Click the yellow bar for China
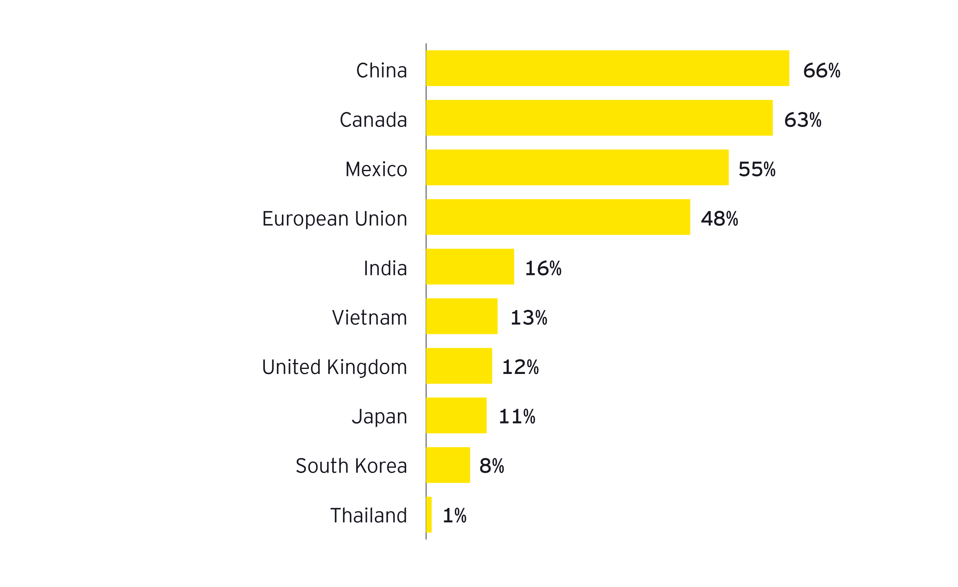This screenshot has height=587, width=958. (607, 68)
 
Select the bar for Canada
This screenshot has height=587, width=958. (599, 118)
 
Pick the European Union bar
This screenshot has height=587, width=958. (558, 217)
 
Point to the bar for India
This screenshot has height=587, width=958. (470, 267)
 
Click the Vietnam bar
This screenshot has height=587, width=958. (462, 316)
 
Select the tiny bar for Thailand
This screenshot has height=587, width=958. (429, 514)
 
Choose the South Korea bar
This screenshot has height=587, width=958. (448, 465)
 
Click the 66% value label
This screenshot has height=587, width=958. (821, 71)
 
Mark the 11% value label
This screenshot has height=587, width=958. (517, 416)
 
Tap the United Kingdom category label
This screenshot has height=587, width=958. (334, 367)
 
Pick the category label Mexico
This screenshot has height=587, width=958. (376, 169)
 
